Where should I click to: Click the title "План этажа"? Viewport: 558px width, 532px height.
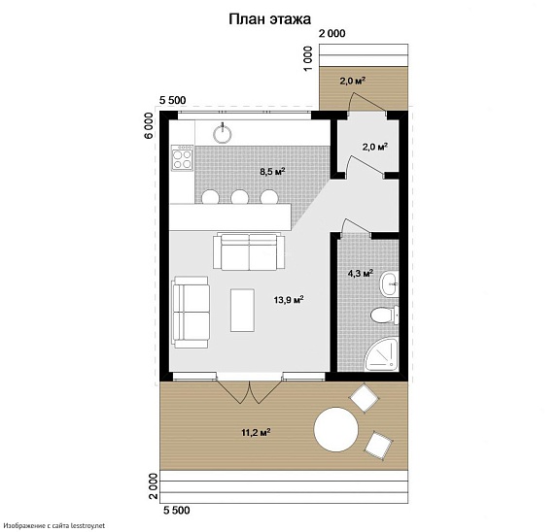coord(269,19)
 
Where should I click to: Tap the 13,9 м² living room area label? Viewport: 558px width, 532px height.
coord(289,300)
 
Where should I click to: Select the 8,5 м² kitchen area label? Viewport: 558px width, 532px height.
coord(272,172)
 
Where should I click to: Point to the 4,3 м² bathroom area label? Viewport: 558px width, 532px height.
coord(360,273)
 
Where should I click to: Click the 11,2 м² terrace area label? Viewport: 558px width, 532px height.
coord(256,433)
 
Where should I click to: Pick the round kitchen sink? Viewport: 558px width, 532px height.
coord(223,134)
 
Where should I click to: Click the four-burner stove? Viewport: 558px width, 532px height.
coord(182,158)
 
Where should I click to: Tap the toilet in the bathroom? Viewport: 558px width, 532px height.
coord(385,315)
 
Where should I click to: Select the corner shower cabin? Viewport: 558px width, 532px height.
coord(381,354)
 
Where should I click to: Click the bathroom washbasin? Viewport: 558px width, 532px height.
coord(389,283)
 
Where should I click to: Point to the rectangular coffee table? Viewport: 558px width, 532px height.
coord(242,311)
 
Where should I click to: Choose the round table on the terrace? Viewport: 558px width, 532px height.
coord(336,429)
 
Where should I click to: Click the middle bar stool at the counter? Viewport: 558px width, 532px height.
coord(239,197)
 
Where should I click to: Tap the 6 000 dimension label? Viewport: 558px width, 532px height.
coord(150,125)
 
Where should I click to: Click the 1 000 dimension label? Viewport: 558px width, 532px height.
coord(308,58)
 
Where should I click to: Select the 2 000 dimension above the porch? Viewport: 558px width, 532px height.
coord(332,33)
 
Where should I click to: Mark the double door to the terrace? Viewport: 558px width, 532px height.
coord(250,391)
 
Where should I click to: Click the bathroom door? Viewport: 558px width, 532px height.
coord(356,226)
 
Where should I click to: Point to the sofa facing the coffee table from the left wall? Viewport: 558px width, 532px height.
coord(191,312)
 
